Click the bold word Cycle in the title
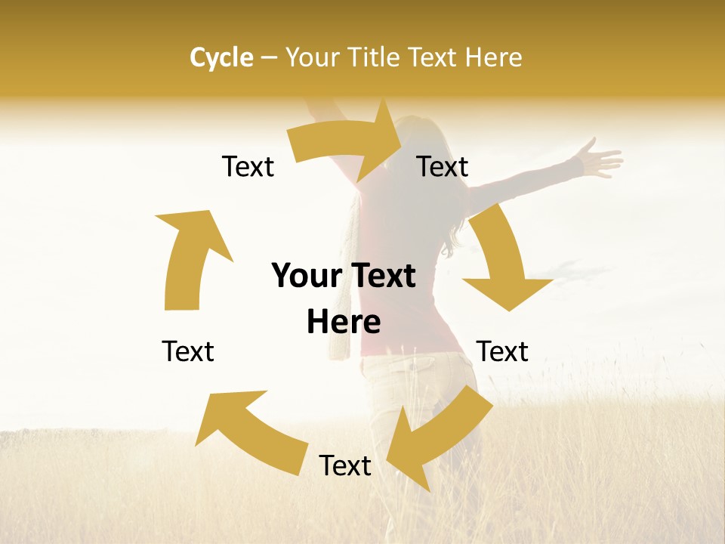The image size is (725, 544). point(221,57)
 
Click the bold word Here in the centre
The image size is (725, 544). point(344,322)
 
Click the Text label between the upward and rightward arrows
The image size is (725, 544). point(248,166)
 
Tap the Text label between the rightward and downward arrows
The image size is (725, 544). point(443,166)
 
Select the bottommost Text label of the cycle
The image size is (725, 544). point(345,465)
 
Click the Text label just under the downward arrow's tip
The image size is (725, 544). point(502,351)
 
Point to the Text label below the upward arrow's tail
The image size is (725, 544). point(188,351)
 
